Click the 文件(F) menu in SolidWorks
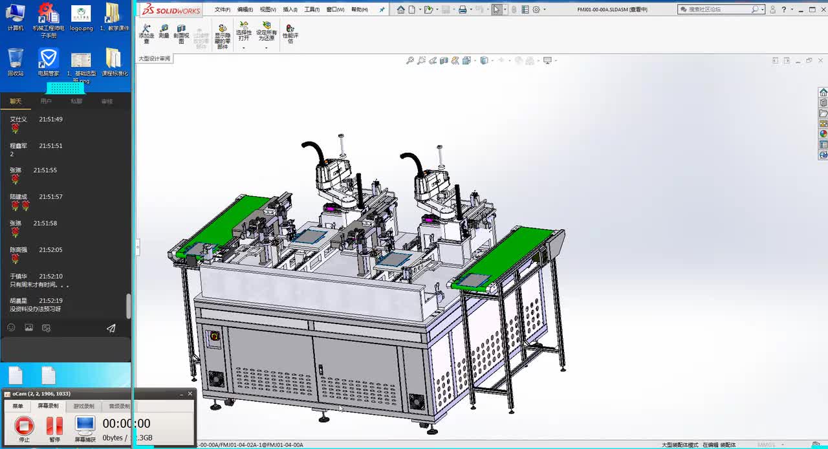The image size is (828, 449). (222, 10)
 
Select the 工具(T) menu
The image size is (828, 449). (312, 10)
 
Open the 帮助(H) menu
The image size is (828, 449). (359, 10)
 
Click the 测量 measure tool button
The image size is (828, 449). (164, 32)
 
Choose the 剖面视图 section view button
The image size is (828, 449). (181, 34)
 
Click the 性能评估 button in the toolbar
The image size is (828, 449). (290, 34)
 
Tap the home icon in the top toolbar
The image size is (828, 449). (401, 10)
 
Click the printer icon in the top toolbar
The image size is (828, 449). (463, 10)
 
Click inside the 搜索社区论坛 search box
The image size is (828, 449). (718, 10)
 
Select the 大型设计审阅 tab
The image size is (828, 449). (154, 59)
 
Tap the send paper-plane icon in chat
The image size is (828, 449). (111, 328)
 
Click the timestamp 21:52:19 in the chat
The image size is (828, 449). (50, 301)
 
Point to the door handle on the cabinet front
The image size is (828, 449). (320, 369)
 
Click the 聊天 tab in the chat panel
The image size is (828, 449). (16, 102)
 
